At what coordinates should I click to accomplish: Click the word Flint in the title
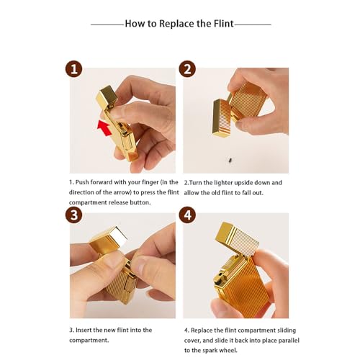[x=224, y=24]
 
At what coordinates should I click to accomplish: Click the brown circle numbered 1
[x=73, y=69]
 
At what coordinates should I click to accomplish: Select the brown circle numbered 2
[x=187, y=69]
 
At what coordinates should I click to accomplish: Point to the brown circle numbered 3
[x=73, y=215]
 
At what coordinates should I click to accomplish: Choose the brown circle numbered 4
[x=187, y=215]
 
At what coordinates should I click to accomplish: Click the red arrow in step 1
[x=104, y=127]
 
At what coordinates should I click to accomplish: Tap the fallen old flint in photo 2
[x=230, y=160]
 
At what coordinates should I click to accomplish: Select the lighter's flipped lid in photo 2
[x=222, y=118]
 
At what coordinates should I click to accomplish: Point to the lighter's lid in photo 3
[x=109, y=240]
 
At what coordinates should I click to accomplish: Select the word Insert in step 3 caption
[x=84, y=330]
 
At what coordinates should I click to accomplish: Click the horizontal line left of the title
[x=108, y=24]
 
